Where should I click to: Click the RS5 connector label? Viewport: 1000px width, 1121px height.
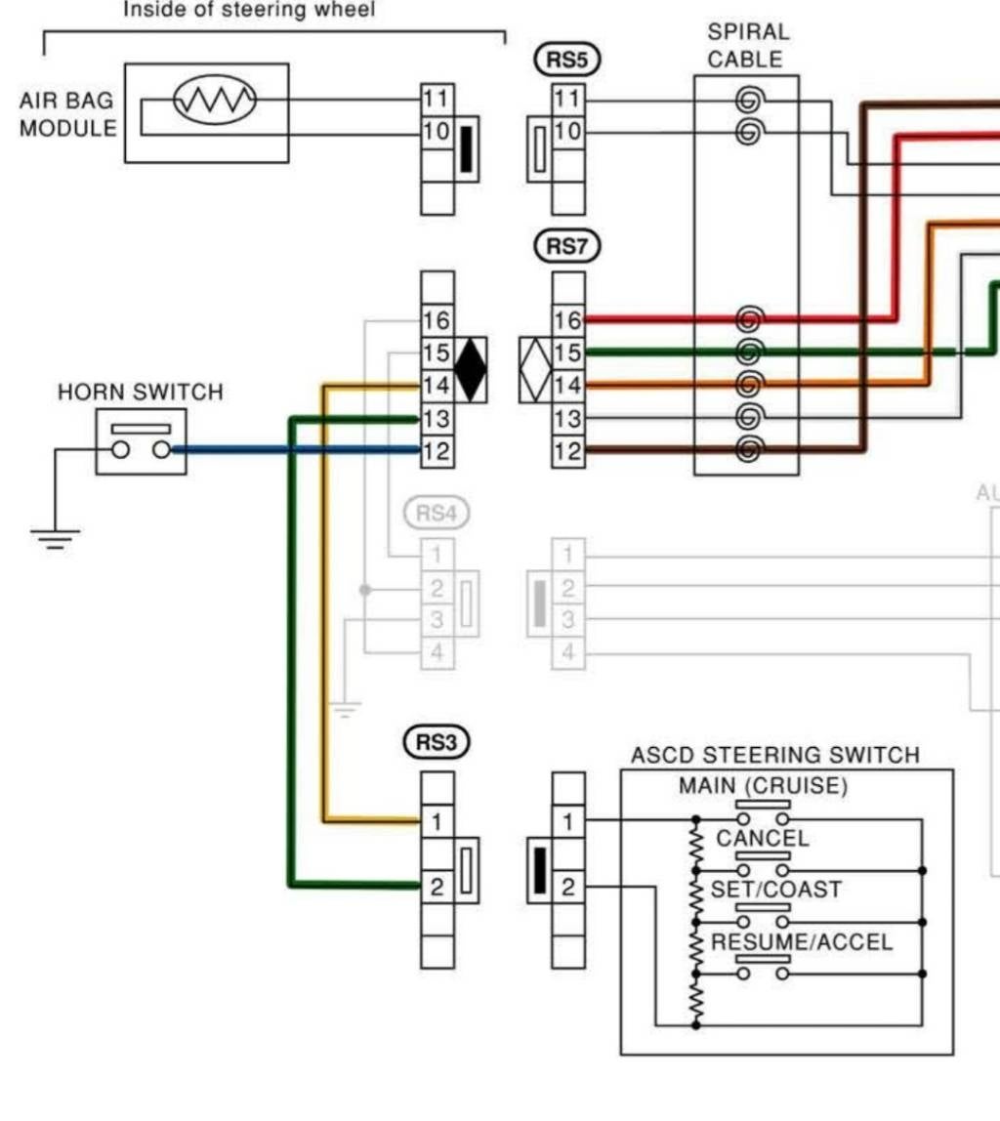click(566, 60)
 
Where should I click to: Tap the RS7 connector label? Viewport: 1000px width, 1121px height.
click(566, 247)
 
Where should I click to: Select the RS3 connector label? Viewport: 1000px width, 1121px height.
click(436, 743)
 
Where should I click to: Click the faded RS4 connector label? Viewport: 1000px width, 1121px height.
click(436, 513)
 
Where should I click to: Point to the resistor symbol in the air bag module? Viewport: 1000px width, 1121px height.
click(214, 99)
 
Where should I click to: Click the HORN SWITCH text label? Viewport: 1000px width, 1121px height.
click(140, 393)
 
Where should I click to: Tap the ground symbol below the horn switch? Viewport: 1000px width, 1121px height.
click(55, 538)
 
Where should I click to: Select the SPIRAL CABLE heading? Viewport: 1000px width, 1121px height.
click(747, 46)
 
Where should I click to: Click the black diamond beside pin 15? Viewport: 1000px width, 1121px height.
click(471, 369)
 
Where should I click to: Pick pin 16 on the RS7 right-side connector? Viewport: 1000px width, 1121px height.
click(567, 320)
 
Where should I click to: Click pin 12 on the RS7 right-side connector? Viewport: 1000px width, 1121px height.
click(567, 451)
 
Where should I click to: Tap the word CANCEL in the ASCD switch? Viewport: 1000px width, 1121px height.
click(762, 838)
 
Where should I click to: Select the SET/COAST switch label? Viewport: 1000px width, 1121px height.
click(762, 890)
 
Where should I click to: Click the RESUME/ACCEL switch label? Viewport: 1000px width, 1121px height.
click(801, 942)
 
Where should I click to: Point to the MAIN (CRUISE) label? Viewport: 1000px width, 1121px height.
click(764, 786)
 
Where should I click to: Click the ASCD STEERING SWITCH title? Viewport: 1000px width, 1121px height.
click(774, 755)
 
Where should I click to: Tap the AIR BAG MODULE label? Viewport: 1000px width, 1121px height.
click(67, 114)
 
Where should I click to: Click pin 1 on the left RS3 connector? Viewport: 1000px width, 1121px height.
click(437, 822)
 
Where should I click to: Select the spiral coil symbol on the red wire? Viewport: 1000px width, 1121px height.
click(749, 318)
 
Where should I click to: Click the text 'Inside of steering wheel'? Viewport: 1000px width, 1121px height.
click(248, 11)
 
